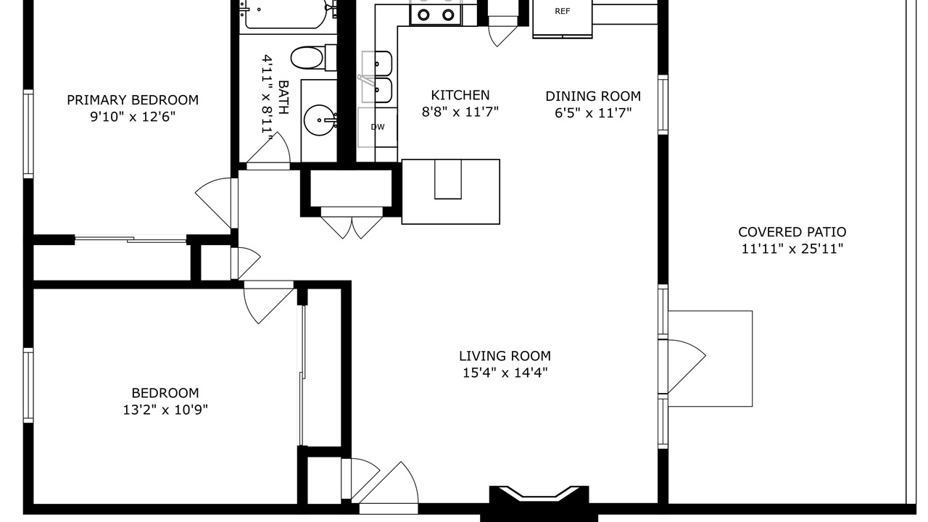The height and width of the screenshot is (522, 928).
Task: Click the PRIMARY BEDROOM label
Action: pos(133,100)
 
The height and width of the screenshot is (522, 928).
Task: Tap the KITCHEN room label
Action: pos(460,95)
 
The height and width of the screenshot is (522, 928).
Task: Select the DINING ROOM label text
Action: pos(593,96)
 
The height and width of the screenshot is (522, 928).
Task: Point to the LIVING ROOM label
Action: pos(505,356)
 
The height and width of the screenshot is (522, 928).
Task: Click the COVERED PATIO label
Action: pos(792,231)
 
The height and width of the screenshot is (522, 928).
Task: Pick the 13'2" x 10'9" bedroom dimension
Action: pos(165,410)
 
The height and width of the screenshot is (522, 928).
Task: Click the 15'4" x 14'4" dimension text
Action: pos(505,373)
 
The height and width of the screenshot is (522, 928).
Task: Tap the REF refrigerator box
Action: pos(562,19)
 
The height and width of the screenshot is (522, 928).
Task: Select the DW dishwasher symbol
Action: pos(378,127)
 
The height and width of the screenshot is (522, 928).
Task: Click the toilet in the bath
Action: pos(313,58)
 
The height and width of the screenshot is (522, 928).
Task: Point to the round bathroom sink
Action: pos(320,120)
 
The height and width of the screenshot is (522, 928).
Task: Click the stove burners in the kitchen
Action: pos(436,14)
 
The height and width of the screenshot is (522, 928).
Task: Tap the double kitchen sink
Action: pos(376,77)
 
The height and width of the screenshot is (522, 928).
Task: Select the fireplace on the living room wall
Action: pos(539,500)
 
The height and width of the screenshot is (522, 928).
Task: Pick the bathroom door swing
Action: pos(268,150)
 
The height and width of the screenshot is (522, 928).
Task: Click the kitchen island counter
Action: pos(450,192)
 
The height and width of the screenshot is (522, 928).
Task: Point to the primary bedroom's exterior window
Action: pos(28,134)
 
